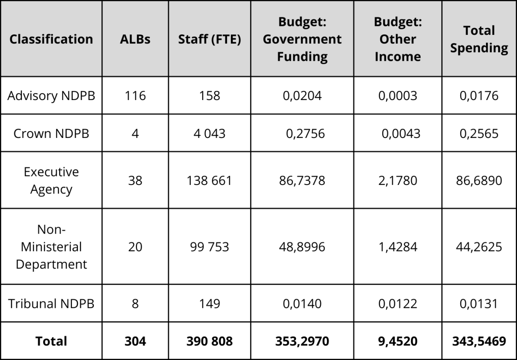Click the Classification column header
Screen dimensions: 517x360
(51, 39)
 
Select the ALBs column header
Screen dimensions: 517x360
(135, 39)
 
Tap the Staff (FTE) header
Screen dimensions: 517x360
(209, 39)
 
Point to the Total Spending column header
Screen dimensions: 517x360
(479, 39)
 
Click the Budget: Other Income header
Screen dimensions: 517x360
(398, 39)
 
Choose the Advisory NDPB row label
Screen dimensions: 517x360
(51, 96)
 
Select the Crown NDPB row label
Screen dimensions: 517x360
(51, 134)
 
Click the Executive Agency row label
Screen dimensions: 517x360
(51, 181)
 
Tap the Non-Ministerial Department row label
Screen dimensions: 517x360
(51, 247)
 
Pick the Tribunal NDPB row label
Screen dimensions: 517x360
(51, 304)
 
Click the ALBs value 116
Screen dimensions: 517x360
(135, 96)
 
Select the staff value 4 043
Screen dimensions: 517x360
(209, 134)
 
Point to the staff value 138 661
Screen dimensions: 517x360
(209, 181)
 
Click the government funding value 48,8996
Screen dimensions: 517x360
(302, 247)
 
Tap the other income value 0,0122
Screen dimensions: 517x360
(398, 304)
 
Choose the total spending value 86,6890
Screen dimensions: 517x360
(479, 181)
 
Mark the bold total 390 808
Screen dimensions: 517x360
(209, 341)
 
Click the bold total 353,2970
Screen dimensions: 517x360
(302, 341)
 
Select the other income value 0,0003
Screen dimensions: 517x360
(398, 96)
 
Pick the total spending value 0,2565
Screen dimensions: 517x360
(479, 134)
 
